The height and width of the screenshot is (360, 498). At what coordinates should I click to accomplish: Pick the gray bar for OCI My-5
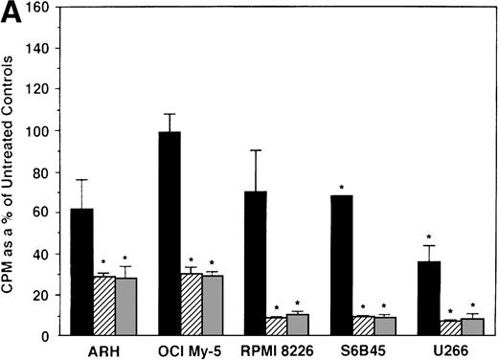(x=213, y=305)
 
